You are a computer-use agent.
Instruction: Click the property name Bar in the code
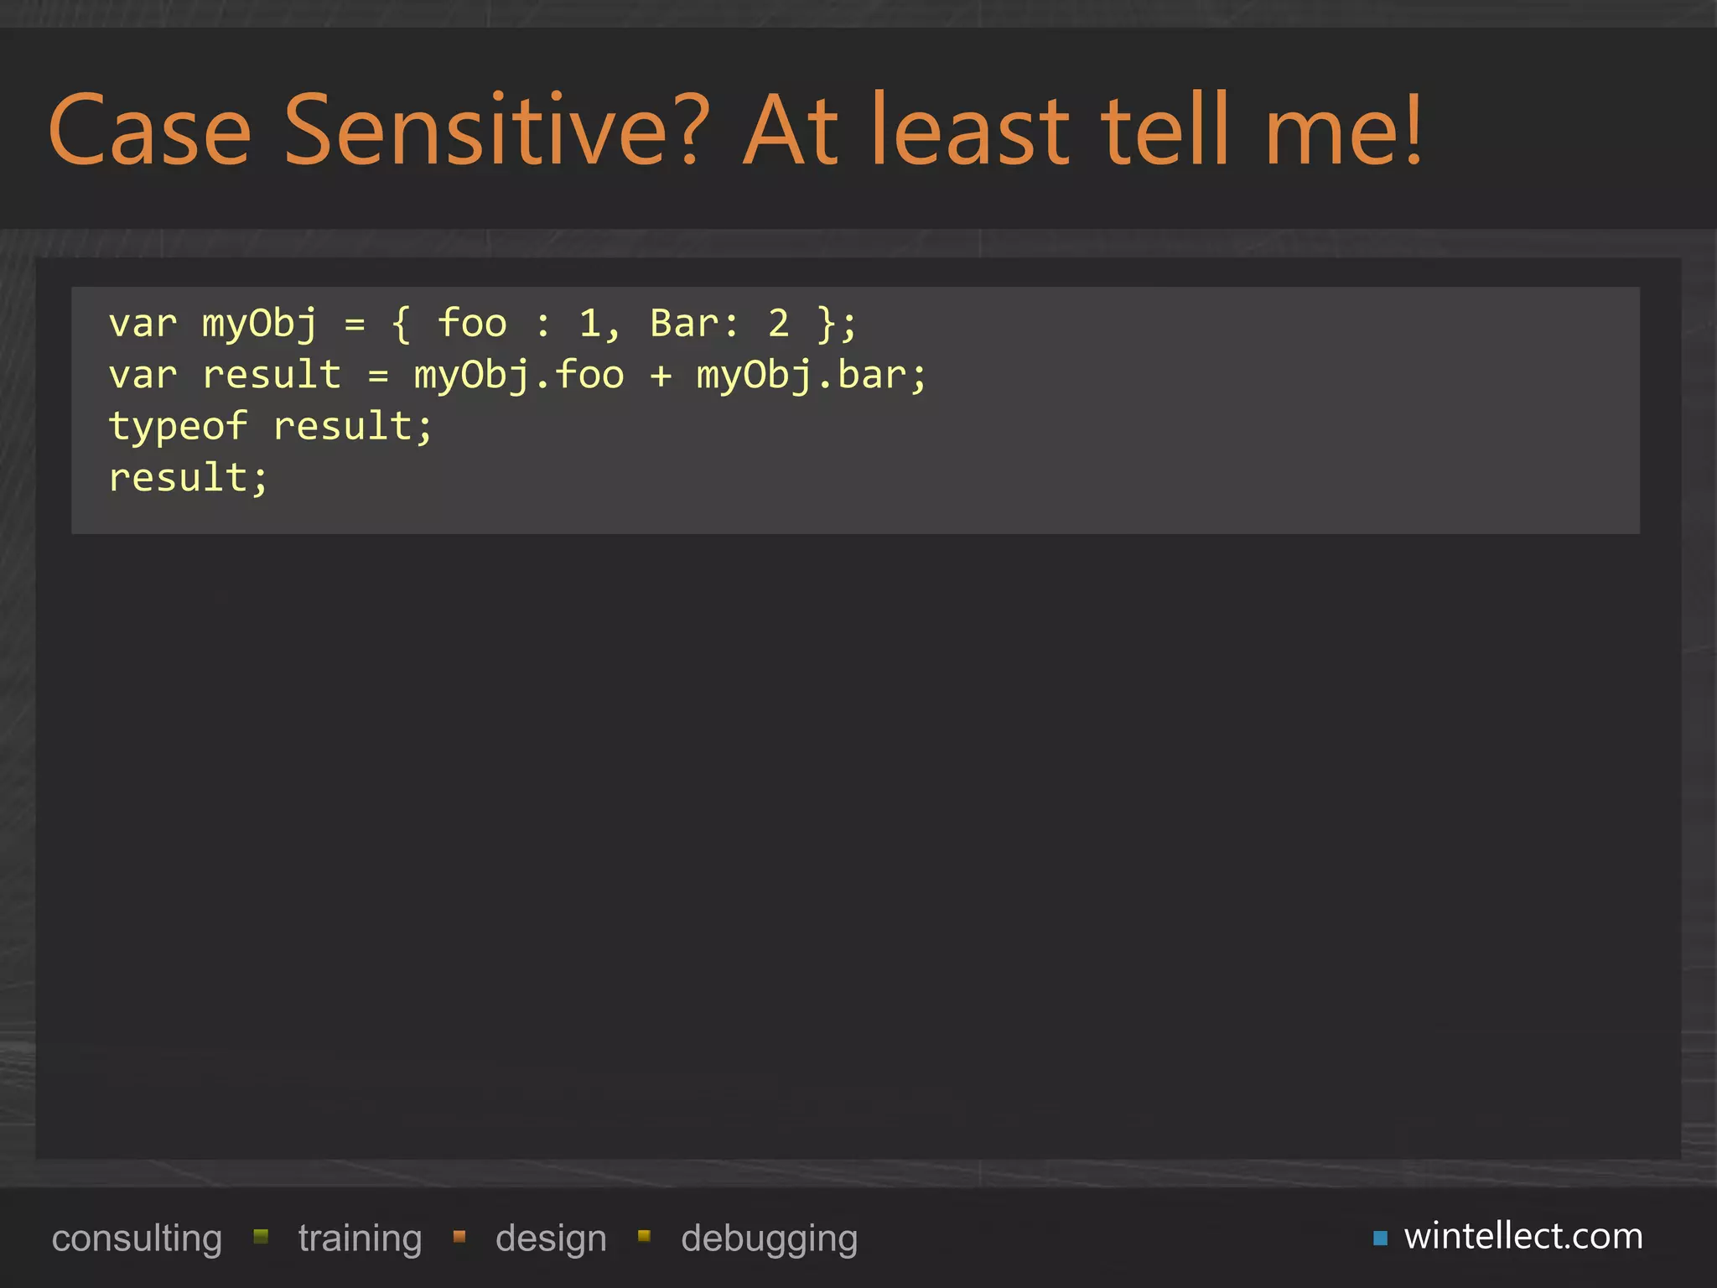point(684,324)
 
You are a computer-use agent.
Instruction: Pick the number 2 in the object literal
point(779,324)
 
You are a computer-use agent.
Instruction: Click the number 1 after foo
point(590,324)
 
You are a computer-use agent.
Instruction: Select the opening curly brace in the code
point(402,325)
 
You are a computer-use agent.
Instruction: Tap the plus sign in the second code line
point(661,376)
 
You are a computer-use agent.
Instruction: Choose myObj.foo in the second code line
point(519,376)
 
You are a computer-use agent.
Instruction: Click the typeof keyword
point(178,427)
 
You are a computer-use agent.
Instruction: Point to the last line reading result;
point(188,478)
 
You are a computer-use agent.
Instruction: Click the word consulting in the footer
point(137,1239)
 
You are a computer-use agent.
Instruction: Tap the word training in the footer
point(360,1239)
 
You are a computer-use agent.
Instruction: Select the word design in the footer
point(551,1239)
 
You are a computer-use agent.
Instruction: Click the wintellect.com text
point(1523,1236)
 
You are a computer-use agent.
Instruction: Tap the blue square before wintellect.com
point(1380,1238)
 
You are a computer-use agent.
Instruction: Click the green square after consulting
point(261,1236)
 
